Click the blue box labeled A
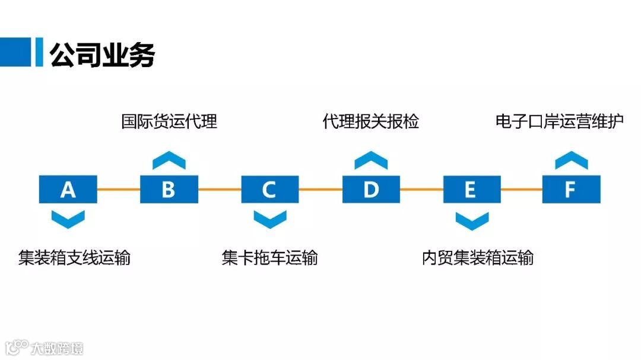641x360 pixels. coord(68,189)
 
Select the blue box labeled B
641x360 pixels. coord(169,189)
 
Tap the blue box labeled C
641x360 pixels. coord(270,189)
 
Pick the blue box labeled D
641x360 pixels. coord(371,189)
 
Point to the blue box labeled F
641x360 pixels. coord(571,189)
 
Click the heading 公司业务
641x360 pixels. coord(102,55)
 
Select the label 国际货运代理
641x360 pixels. coord(169,122)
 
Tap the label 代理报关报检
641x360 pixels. coord(371,122)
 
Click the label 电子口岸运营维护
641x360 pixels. coord(560,122)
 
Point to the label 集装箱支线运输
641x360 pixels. coord(74,258)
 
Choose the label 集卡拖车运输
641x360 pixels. coord(270,258)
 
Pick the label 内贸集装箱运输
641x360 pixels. coord(478,258)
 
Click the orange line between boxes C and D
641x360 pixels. coord(320,189)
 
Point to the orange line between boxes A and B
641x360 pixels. coord(119,189)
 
